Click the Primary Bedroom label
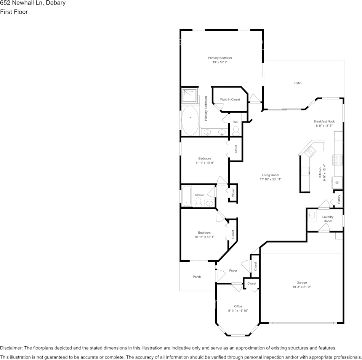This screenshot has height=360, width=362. pyautogui.click(x=220, y=58)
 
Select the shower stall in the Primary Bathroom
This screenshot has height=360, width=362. pyautogui.click(x=189, y=96)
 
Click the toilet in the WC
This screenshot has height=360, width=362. pyautogui.click(x=236, y=131)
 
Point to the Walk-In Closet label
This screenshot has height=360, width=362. pyautogui.click(x=230, y=100)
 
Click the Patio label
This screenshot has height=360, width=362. pyautogui.click(x=298, y=83)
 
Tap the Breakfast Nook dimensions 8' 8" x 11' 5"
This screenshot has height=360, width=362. pyautogui.click(x=324, y=126)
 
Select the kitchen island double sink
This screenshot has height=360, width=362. pyautogui.click(x=309, y=152)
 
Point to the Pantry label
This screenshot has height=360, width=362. pyautogui.click(x=339, y=199)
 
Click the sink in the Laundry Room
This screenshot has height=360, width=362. pyautogui.click(x=312, y=216)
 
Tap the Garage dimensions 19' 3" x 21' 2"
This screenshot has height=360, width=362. pyautogui.click(x=301, y=287)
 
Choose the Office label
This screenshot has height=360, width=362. pyautogui.click(x=238, y=306)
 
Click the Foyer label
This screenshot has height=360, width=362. pyautogui.click(x=233, y=271)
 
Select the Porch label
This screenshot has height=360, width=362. pyautogui.click(x=197, y=277)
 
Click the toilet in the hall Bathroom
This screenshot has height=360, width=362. pyautogui.click(x=198, y=202)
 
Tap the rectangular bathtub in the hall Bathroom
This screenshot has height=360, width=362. pyautogui.click(x=187, y=196)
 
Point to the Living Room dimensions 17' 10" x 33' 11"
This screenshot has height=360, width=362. pyautogui.click(x=271, y=179)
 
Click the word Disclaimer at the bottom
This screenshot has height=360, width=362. pyautogui.click(x=11, y=348)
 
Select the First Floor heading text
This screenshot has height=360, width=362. pyautogui.click(x=14, y=12)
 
